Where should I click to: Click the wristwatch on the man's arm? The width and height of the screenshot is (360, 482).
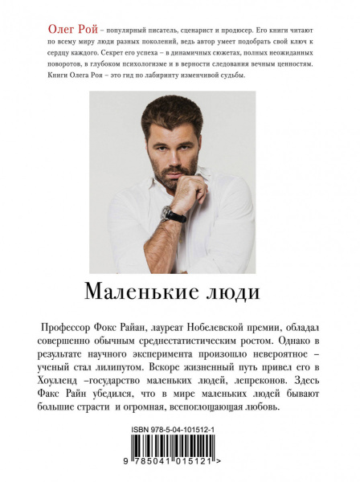pos(173,214)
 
